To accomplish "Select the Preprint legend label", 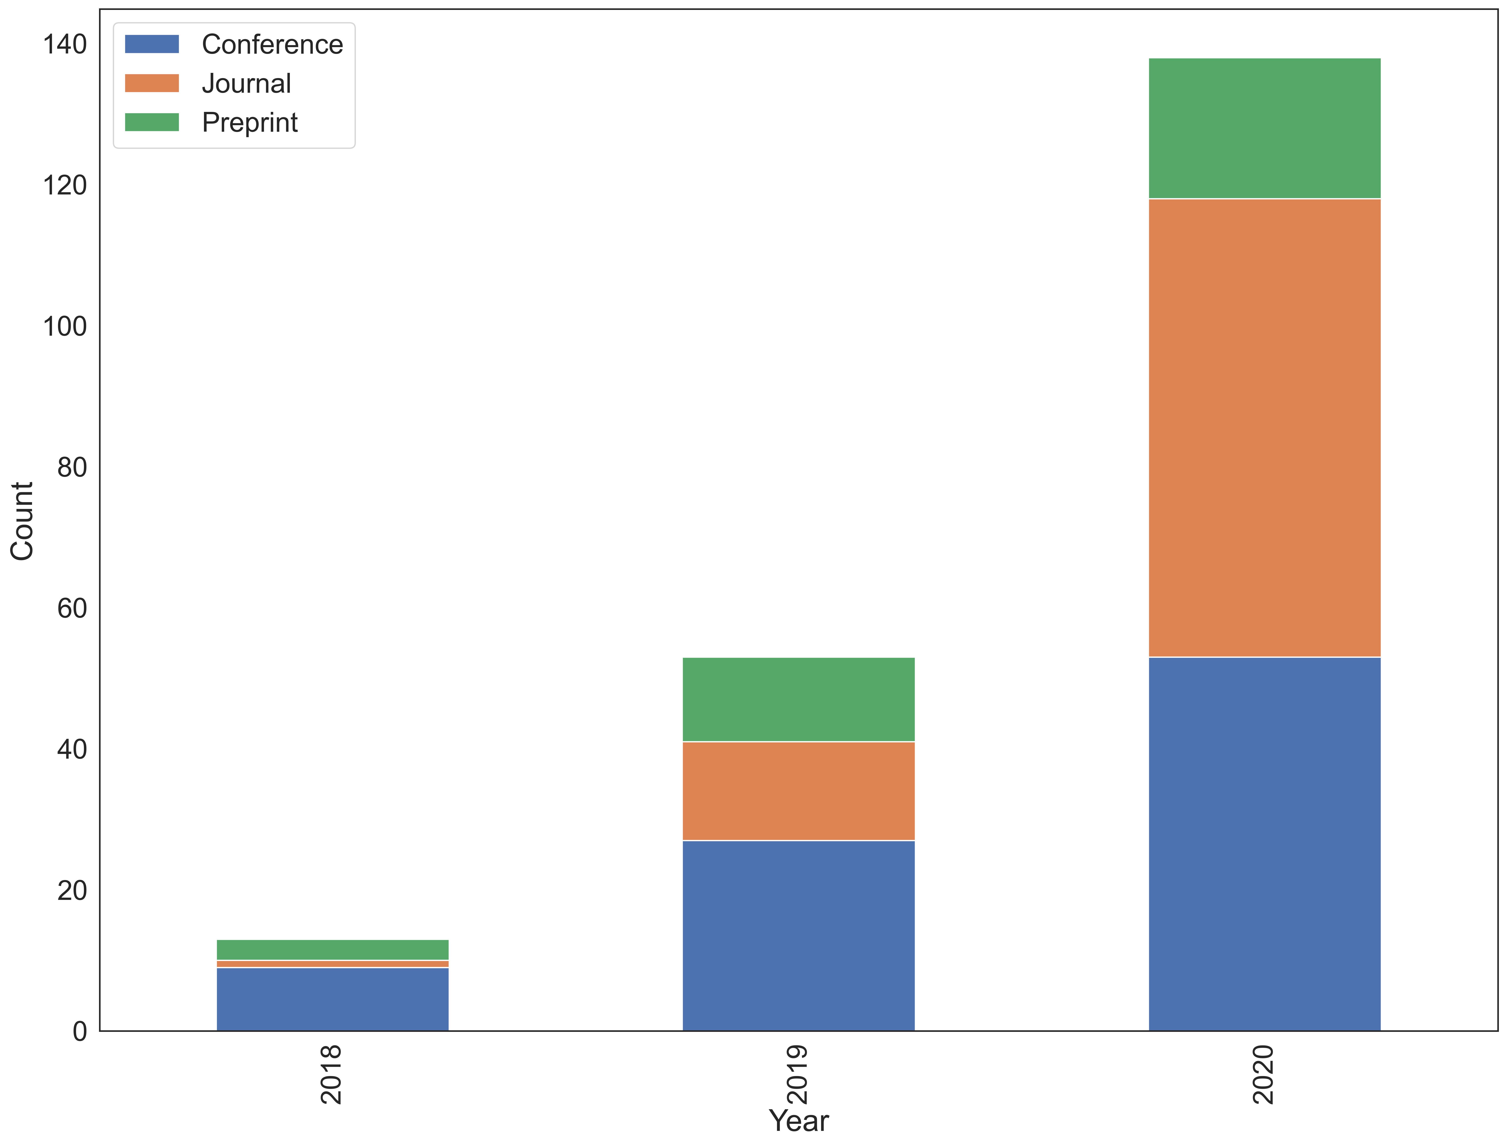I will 250,123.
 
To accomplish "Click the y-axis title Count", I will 23,521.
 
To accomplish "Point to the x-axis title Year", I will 799,1121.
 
